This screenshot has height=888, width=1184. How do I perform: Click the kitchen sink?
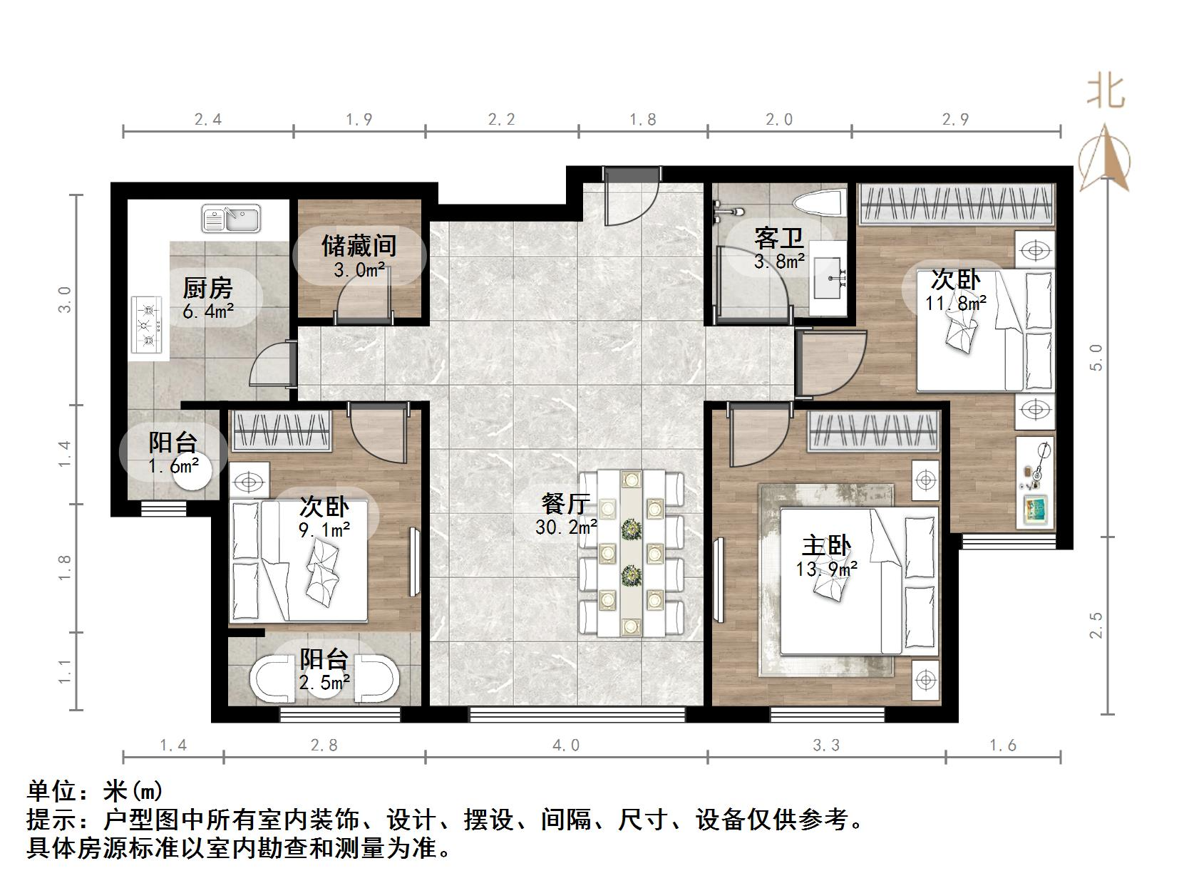tap(231, 218)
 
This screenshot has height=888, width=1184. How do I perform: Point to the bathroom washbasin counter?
tap(829, 277)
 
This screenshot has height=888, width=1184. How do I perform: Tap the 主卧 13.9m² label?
tap(826, 556)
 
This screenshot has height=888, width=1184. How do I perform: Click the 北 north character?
tap(1104, 91)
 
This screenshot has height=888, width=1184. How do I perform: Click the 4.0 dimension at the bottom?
tap(566, 745)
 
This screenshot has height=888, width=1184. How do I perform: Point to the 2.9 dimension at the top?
tap(955, 120)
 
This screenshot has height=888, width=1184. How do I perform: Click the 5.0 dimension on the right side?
tap(1097, 356)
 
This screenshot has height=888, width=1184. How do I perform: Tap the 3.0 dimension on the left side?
tap(66, 299)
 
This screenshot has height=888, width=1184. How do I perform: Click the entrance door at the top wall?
tap(630, 196)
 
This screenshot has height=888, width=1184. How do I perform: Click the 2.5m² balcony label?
tap(324, 670)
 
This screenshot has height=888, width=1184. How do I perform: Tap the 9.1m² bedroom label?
tap(324, 517)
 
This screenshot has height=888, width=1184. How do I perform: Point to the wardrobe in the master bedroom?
tap(874, 430)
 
